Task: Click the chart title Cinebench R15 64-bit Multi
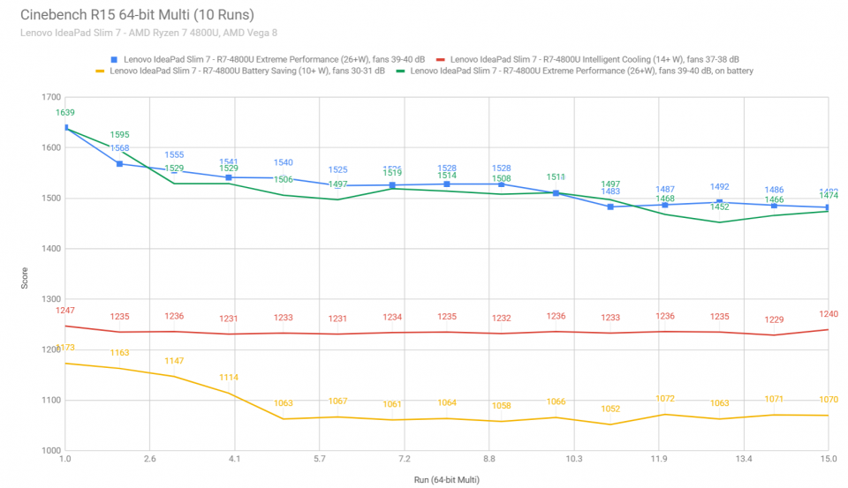[133, 15]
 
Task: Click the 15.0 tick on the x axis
[829, 460]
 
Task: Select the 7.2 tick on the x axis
[404, 460]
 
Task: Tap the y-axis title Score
[24, 279]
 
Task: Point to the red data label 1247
[65, 312]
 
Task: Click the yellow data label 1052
[610, 409]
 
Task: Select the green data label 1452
[719, 206]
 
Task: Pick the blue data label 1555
[174, 154]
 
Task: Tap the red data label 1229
[773, 319]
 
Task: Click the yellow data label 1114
[229, 378]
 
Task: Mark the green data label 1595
[119, 135]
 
